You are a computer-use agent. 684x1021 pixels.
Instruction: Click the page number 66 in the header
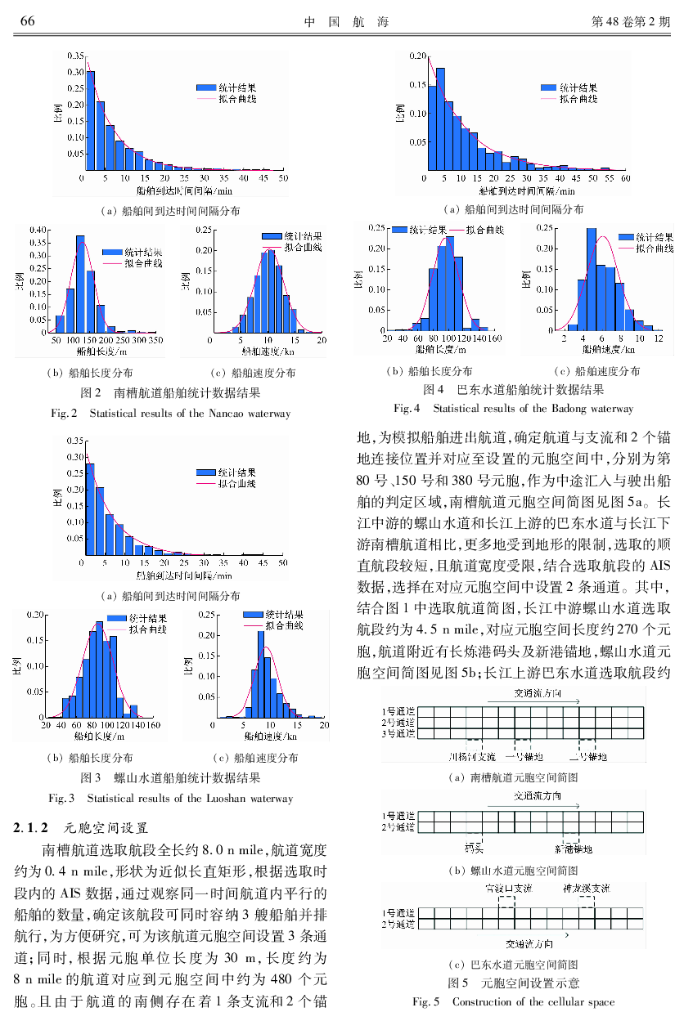click(25, 21)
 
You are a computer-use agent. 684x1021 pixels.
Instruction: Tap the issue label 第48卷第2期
click(629, 21)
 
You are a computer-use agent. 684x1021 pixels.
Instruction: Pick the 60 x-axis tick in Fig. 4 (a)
click(626, 177)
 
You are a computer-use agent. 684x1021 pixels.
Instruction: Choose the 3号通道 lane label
click(398, 733)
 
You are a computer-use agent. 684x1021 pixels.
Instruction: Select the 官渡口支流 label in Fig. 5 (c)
click(507, 888)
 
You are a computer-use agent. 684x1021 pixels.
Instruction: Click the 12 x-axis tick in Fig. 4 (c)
click(659, 338)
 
